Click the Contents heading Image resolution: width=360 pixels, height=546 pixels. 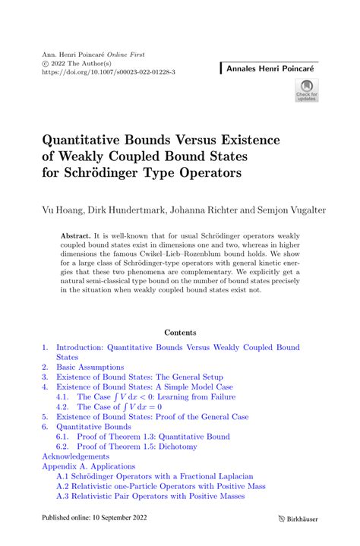(x=180, y=332)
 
